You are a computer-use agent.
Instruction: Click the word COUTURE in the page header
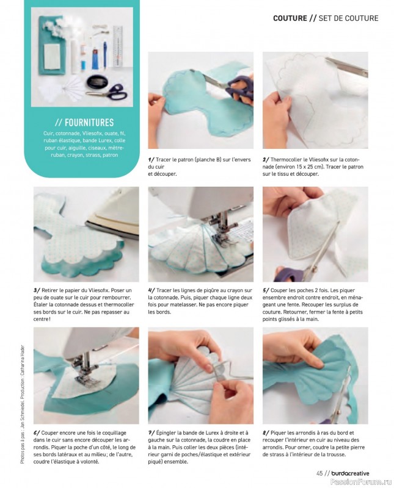pos(290,18)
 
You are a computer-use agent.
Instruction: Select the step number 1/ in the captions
pos(151,160)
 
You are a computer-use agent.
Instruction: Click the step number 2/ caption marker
pos(266,160)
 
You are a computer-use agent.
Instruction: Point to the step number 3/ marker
pos(37,290)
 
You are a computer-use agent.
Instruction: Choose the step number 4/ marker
pos(151,290)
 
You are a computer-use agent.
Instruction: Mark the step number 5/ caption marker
pos(266,290)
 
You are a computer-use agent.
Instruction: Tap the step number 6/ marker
pos(37,433)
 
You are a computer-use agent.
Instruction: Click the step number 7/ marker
pos(151,433)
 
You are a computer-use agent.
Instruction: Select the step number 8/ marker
pos(266,433)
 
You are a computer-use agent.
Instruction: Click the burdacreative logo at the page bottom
pos(351,473)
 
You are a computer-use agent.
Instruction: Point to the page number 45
pos(319,473)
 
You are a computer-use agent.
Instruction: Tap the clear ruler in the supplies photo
pos(117,47)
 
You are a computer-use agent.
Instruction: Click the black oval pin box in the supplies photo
pos(97,82)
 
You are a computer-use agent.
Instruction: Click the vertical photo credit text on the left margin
pos(23,406)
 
